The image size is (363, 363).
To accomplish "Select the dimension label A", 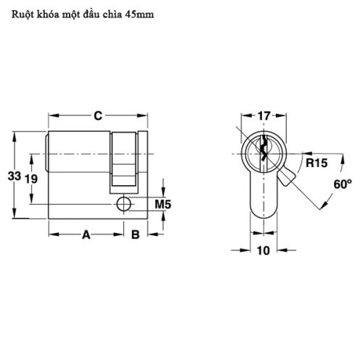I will pyautogui.click(x=86, y=234).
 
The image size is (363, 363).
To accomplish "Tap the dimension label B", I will pyautogui.click(x=135, y=234).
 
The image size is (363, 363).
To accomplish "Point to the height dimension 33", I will pyautogui.click(x=14, y=176).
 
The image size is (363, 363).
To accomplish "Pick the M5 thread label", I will pyautogui.click(x=163, y=205).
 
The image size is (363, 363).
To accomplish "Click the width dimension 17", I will pyautogui.click(x=263, y=114).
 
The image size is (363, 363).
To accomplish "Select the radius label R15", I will pyautogui.click(x=314, y=163).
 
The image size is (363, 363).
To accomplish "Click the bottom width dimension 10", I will pyautogui.click(x=262, y=250).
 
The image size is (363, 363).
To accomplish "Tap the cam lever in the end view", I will pyautogui.click(x=290, y=176).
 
